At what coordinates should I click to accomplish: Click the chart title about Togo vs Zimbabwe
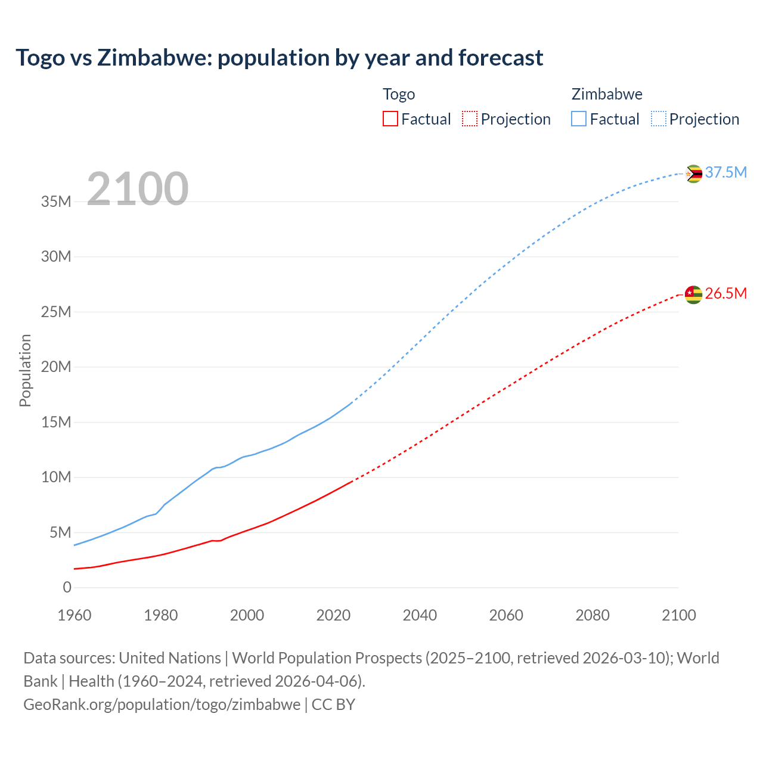tap(279, 58)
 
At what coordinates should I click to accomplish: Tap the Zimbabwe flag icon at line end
tap(693, 173)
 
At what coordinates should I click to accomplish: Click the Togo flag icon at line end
tap(693, 294)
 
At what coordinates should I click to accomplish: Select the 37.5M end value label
tap(725, 172)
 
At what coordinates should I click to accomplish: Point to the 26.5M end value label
tap(725, 293)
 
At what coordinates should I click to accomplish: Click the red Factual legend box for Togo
tap(390, 119)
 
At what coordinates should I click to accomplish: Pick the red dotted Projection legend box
tap(470, 119)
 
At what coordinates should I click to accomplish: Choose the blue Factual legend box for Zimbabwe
tap(578, 119)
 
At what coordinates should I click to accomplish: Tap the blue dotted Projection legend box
tap(659, 119)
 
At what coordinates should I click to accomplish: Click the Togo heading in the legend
tap(399, 94)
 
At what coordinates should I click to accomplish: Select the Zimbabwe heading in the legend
tap(607, 94)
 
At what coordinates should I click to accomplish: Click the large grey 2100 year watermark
tap(138, 189)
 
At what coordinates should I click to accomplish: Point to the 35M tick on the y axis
tap(56, 201)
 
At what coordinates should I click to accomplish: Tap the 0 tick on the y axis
tap(67, 588)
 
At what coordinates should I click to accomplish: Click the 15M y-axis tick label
tap(56, 422)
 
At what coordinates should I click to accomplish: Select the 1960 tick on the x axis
tap(75, 615)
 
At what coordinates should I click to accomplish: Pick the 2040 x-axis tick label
tap(420, 615)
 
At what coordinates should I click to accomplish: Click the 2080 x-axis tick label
tap(593, 615)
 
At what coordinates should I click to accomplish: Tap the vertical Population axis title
tap(25, 370)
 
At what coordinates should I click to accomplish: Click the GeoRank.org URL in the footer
tap(162, 705)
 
